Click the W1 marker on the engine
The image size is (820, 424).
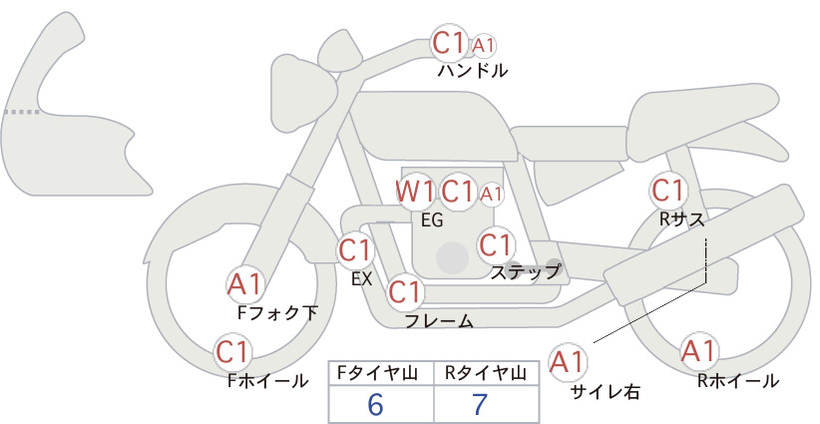(415, 192)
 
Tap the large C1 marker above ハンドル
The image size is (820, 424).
(449, 43)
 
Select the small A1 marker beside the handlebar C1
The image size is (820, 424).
(483, 46)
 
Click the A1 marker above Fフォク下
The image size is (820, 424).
(244, 284)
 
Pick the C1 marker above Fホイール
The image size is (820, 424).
(232, 352)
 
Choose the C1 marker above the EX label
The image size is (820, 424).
(355, 250)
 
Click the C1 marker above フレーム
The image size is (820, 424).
(405, 291)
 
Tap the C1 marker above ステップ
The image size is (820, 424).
(495, 244)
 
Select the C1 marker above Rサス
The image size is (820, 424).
(667, 191)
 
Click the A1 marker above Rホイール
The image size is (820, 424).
(698, 351)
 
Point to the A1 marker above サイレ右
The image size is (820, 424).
(568, 362)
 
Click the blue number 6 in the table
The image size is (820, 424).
(375, 404)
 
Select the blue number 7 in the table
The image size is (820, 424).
(480, 404)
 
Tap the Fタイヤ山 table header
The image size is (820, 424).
(377, 373)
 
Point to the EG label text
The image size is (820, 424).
(432, 220)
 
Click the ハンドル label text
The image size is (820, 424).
(472, 70)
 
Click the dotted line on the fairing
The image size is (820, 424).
(21, 112)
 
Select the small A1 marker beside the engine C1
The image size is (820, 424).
(491, 195)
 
